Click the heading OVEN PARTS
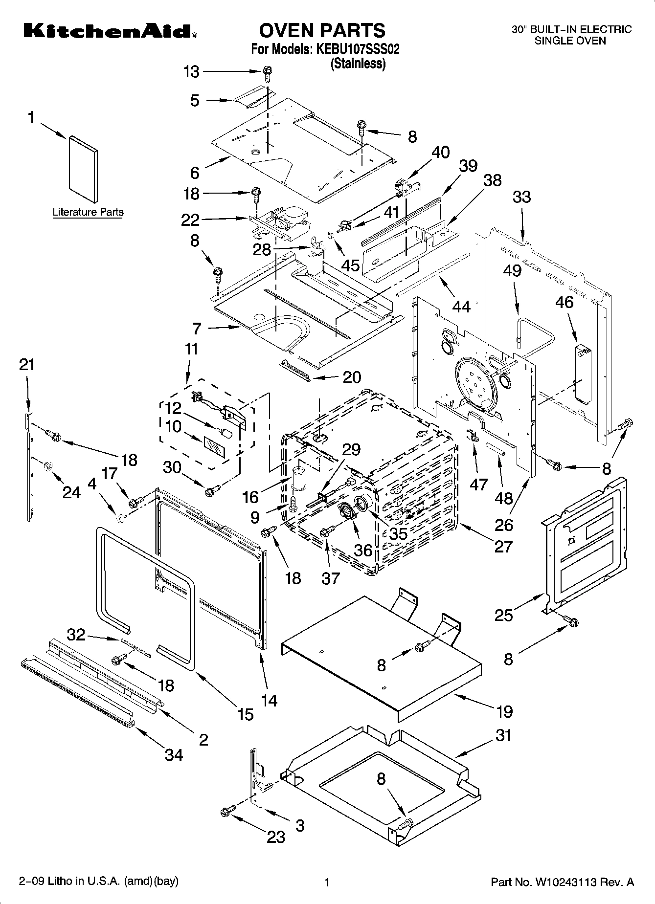click(322, 30)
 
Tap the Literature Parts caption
click(88, 212)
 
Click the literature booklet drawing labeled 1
click(83, 169)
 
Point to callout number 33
click(521, 197)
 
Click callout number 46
click(564, 302)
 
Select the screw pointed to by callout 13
click(267, 73)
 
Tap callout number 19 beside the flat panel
click(504, 711)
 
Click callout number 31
click(504, 735)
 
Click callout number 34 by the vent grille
click(174, 755)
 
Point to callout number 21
click(27, 364)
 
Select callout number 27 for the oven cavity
click(503, 546)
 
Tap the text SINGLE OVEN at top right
click(570, 41)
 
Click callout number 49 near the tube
click(512, 270)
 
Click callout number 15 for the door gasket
click(246, 714)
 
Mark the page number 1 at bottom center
click(327, 882)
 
